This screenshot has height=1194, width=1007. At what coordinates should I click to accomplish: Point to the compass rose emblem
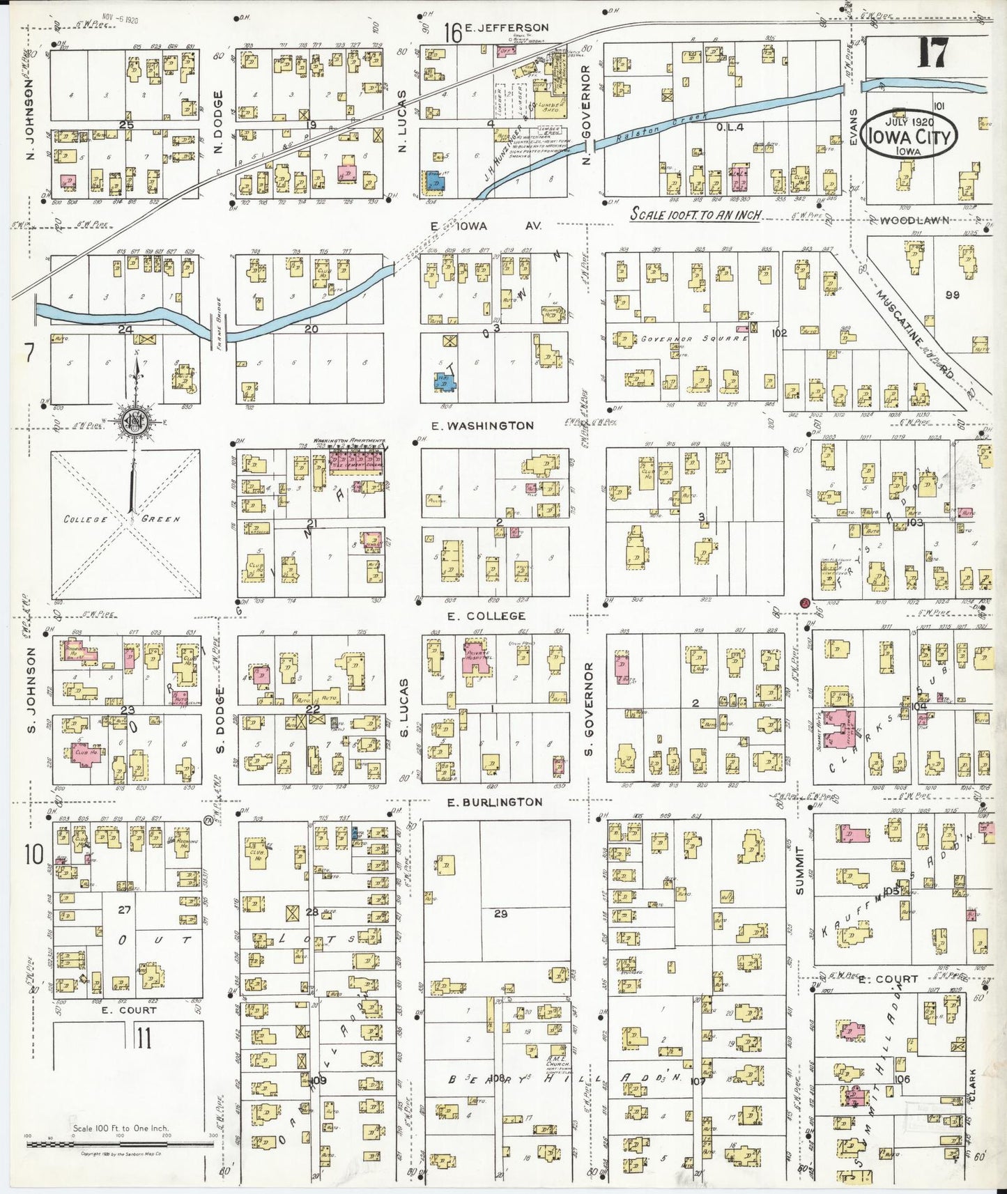click(132, 423)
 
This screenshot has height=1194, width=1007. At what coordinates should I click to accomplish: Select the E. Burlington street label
click(494, 803)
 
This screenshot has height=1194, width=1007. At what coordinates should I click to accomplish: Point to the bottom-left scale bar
click(118, 1144)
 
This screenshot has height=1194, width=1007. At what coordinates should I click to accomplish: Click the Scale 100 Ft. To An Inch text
click(695, 215)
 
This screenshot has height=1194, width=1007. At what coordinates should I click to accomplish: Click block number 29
click(500, 914)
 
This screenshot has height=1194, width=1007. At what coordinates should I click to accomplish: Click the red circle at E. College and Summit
click(804, 602)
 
